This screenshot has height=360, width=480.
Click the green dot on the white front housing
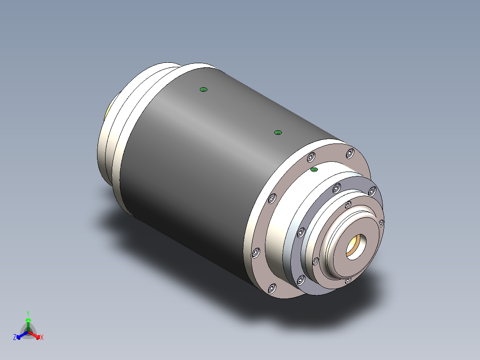click(x=314, y=170)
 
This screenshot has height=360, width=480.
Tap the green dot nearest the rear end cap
click(x=203, y=90)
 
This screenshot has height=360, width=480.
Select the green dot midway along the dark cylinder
click(x=278, y=132)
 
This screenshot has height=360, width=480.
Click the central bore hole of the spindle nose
click(x=356, y=246)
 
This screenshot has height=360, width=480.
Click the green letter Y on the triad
click(x=28, y=313)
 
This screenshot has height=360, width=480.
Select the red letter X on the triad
click(x=42, y=338)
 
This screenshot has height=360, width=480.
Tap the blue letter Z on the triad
click(x=15, y=338)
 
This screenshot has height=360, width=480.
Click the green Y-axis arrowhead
click(x=28, y=320)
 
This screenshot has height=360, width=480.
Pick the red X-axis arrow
click(x=37, y=335)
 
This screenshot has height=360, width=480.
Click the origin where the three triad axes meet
click(x=28, y=332)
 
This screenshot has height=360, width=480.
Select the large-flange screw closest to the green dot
click(x=311, y=157)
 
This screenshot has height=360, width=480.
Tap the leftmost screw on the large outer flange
click(x=256, y=253)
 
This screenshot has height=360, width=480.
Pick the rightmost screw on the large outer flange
click(x=350, y=154)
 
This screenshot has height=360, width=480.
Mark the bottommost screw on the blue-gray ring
click(x=300, y=280)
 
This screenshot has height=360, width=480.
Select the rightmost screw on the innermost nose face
click(x=381, y=222)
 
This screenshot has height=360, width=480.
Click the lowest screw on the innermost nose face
click(x=348, y=280)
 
